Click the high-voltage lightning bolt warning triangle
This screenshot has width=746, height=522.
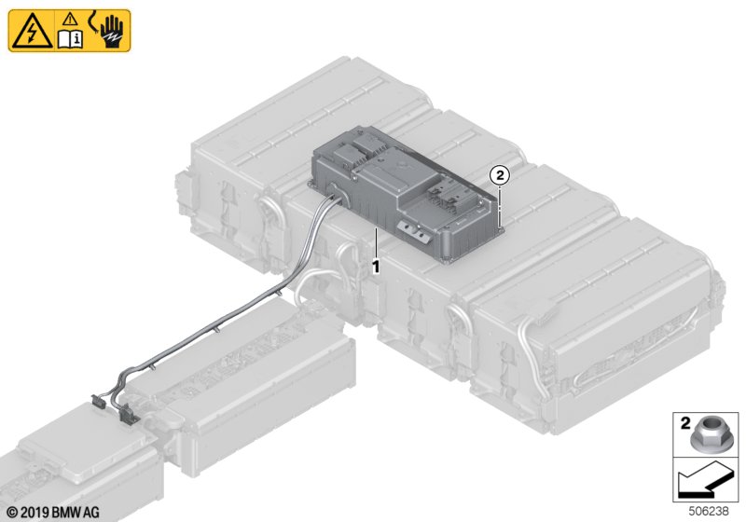tap(32, 32)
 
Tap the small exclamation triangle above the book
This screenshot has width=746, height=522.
tap(71, 20)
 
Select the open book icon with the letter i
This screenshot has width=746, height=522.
tap(71, 39)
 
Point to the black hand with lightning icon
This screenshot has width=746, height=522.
tap(112, 32)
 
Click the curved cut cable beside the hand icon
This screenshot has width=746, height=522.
tap(93, 24)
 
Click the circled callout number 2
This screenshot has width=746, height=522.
tap(500, 175)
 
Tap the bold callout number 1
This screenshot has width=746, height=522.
tap(376, 267)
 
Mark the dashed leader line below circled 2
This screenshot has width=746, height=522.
tap(500, 205)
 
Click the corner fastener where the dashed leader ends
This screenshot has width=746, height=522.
tap(499, 228)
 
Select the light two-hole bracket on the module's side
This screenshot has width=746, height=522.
tap(412, 232)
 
